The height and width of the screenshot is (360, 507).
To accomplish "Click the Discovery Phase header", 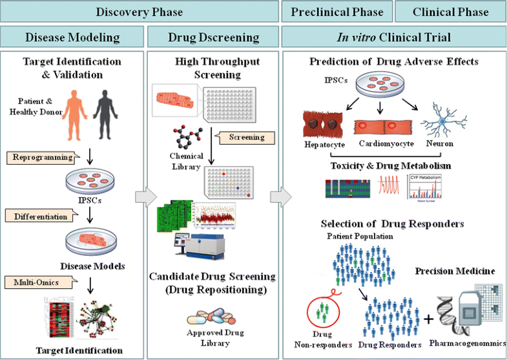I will tap(140, 12).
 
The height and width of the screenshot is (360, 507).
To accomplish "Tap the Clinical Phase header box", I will tap(450, 12).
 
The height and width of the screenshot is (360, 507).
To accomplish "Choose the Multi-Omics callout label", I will tap(33, 282).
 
